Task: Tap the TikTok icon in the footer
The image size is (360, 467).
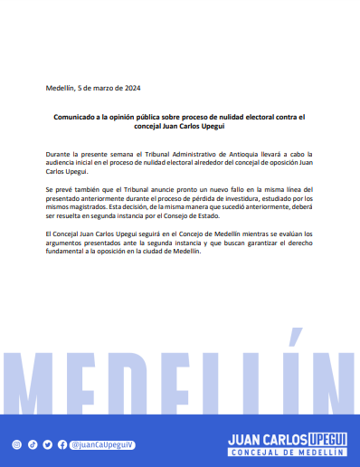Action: click(x=32, y=444)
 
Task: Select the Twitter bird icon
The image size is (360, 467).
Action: click(x=47, y=444)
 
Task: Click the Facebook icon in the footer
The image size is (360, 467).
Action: click(x=62, y=444)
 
